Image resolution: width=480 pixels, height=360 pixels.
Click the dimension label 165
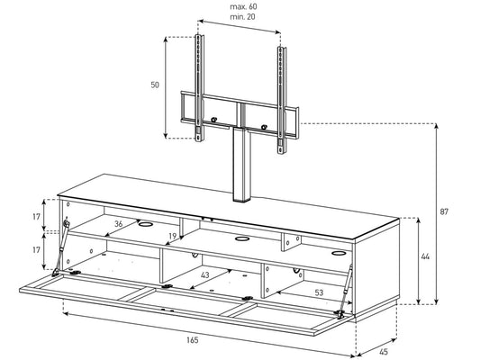tap(192, 340)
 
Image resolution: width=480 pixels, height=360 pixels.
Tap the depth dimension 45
tap(384, 352)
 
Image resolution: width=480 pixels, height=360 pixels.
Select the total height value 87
tap(444, 211)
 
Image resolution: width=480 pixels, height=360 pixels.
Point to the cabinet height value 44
tap(425, 256)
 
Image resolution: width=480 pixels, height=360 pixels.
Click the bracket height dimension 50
tap(155, 85)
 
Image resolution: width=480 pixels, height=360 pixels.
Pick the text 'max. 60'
tap(243, 6)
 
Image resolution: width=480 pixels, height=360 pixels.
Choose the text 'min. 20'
tap(242, 17)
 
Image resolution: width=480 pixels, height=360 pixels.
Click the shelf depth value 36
tap(119, 224)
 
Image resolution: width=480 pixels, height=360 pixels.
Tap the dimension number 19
tap(173, 236)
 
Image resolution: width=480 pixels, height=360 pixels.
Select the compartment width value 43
tap(204, 275)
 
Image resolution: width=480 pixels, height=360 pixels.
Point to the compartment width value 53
tap(319, 292)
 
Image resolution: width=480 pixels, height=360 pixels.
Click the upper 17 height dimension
tap(36, 217)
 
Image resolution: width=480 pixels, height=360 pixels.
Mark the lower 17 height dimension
tap(36, 250)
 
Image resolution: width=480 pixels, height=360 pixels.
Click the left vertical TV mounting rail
tap(200, 88)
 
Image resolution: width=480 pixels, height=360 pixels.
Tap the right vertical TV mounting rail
tap(282, 99)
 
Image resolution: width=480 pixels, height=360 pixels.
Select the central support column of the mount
tap(241, 165)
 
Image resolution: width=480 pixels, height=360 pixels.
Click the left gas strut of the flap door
tap(60, 247)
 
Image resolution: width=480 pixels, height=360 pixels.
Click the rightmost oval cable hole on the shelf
tap(338, 253)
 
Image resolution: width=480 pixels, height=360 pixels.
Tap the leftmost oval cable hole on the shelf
tap(146, 224)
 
